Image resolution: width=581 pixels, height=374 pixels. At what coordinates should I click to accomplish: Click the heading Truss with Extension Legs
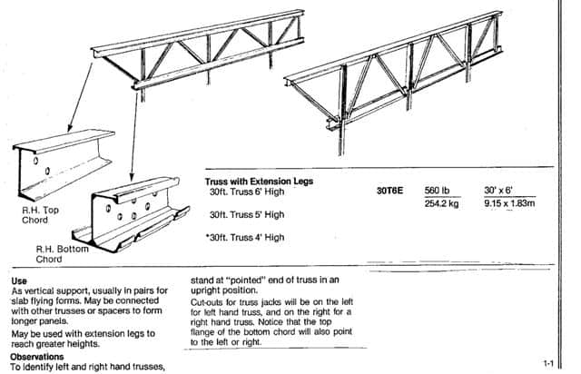259,182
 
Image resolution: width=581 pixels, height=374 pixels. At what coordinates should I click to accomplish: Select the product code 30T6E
389,192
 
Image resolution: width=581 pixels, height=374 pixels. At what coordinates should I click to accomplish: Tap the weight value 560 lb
438,192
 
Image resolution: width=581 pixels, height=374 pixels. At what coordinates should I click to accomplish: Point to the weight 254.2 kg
441,204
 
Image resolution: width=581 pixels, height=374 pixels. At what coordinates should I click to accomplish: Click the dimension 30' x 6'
501,192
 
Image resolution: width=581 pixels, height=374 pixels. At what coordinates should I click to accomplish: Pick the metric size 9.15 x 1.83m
510,204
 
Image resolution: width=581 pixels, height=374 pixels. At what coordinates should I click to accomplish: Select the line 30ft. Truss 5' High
247,215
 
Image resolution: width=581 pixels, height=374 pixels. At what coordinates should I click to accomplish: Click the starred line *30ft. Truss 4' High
245,237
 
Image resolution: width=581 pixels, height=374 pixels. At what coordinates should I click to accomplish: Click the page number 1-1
548,363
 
